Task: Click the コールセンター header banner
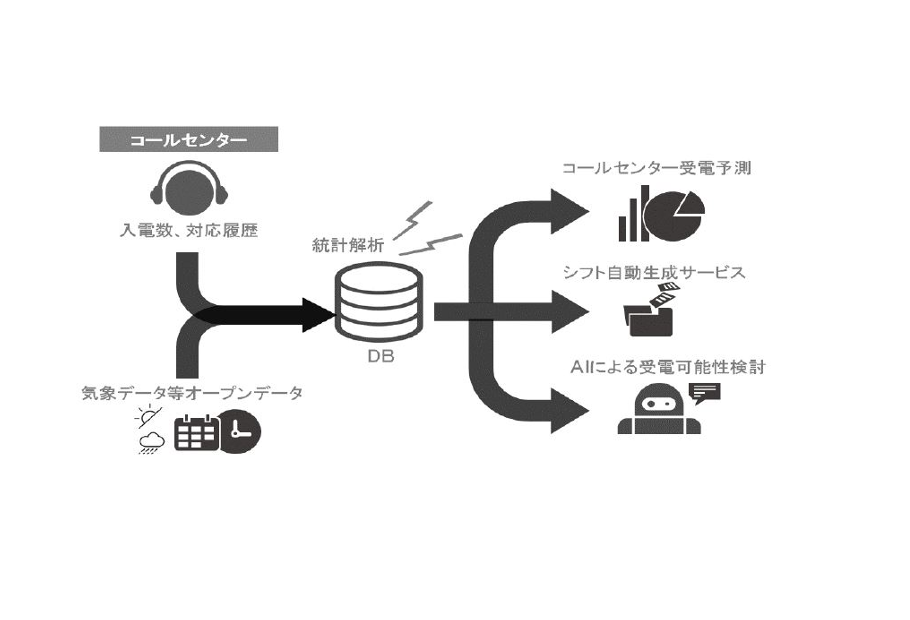click(x=189, y=139)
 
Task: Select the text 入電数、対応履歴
click(x=189, y=230)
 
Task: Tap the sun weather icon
click(x=149, y=417)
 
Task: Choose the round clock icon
click(x=239, y=432)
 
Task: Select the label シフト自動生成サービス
click(x=654, y=273)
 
